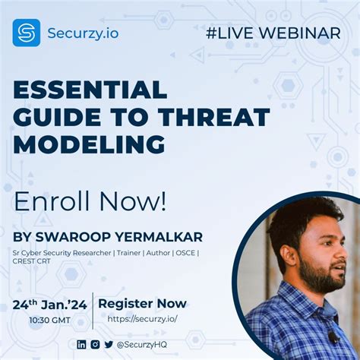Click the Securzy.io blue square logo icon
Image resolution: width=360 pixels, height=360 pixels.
[26, 33]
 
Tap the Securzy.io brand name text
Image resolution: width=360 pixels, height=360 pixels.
[83, 33]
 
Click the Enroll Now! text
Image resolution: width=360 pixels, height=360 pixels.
[90, 201]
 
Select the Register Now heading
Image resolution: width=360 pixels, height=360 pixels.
[142, 304]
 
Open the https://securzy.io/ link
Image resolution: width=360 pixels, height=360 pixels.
[142, 319]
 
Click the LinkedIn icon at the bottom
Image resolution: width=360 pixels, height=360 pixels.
[81, 344]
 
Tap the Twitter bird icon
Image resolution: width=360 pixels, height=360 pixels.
[109, 344]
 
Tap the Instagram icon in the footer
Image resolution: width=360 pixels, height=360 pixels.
[95, 344]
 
